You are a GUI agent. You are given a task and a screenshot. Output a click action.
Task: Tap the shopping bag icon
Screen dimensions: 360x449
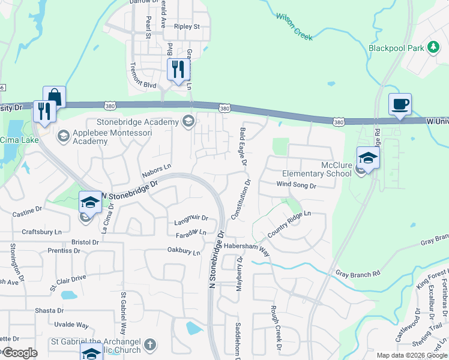click(54, 97)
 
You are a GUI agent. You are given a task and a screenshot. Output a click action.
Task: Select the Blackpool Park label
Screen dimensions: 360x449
click(397, 47)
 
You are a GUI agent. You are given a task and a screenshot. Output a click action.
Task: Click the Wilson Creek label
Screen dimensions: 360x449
click(295, 26)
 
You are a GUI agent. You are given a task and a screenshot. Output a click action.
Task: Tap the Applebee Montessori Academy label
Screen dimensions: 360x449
click(90, 137)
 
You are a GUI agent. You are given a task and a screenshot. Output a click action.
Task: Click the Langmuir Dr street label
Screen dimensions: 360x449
click(190, 218)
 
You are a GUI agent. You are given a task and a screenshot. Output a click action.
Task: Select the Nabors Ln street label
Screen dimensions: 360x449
click(157, 171)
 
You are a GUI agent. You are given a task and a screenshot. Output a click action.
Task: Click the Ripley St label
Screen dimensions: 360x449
click(186, 27)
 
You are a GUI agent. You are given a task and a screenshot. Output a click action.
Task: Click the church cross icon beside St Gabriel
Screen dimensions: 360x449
click(150, 345)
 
